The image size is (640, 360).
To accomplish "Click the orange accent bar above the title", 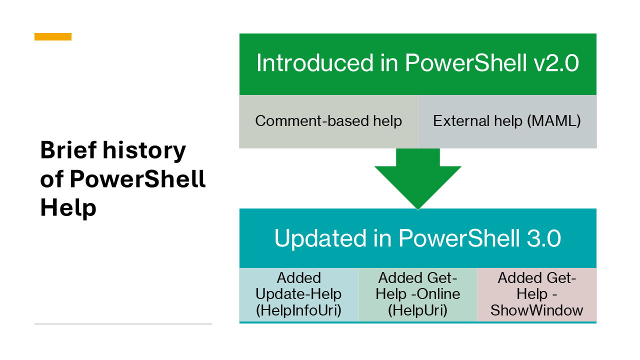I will [x=53, y=36].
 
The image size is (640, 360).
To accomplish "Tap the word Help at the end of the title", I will [x=68, y=207].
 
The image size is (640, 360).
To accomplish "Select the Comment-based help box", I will [x=328, y=121].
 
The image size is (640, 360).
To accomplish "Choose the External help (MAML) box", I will [x=507, y=121].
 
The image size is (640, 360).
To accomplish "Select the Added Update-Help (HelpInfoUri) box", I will [x=299, y=294].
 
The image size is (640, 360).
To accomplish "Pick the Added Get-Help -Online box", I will [x=418, y=294].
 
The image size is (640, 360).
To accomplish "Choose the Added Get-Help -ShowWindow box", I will [x=537, y=294].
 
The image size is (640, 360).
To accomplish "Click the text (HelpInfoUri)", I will [x=299, y=310].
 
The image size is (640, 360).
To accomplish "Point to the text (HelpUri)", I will [x=418, y=310].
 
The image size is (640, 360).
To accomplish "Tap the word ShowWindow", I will [x=537, y=310].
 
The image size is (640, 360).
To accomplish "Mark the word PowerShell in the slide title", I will [x=137, y=179].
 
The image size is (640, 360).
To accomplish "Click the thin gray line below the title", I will [x=123, y=324].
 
